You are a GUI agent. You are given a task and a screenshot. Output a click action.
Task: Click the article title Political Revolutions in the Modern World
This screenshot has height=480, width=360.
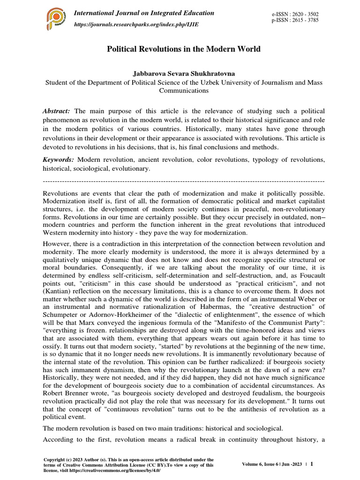point(184,49)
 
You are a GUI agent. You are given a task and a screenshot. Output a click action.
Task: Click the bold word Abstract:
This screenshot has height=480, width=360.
point(56,111)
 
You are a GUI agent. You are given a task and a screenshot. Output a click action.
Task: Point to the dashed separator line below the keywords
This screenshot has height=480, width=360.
point(183,180)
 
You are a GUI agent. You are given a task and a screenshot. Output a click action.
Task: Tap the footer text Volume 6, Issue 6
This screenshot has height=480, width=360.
point(261,464)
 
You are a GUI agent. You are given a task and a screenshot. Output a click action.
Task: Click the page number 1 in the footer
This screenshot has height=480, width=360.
point(312,464)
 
